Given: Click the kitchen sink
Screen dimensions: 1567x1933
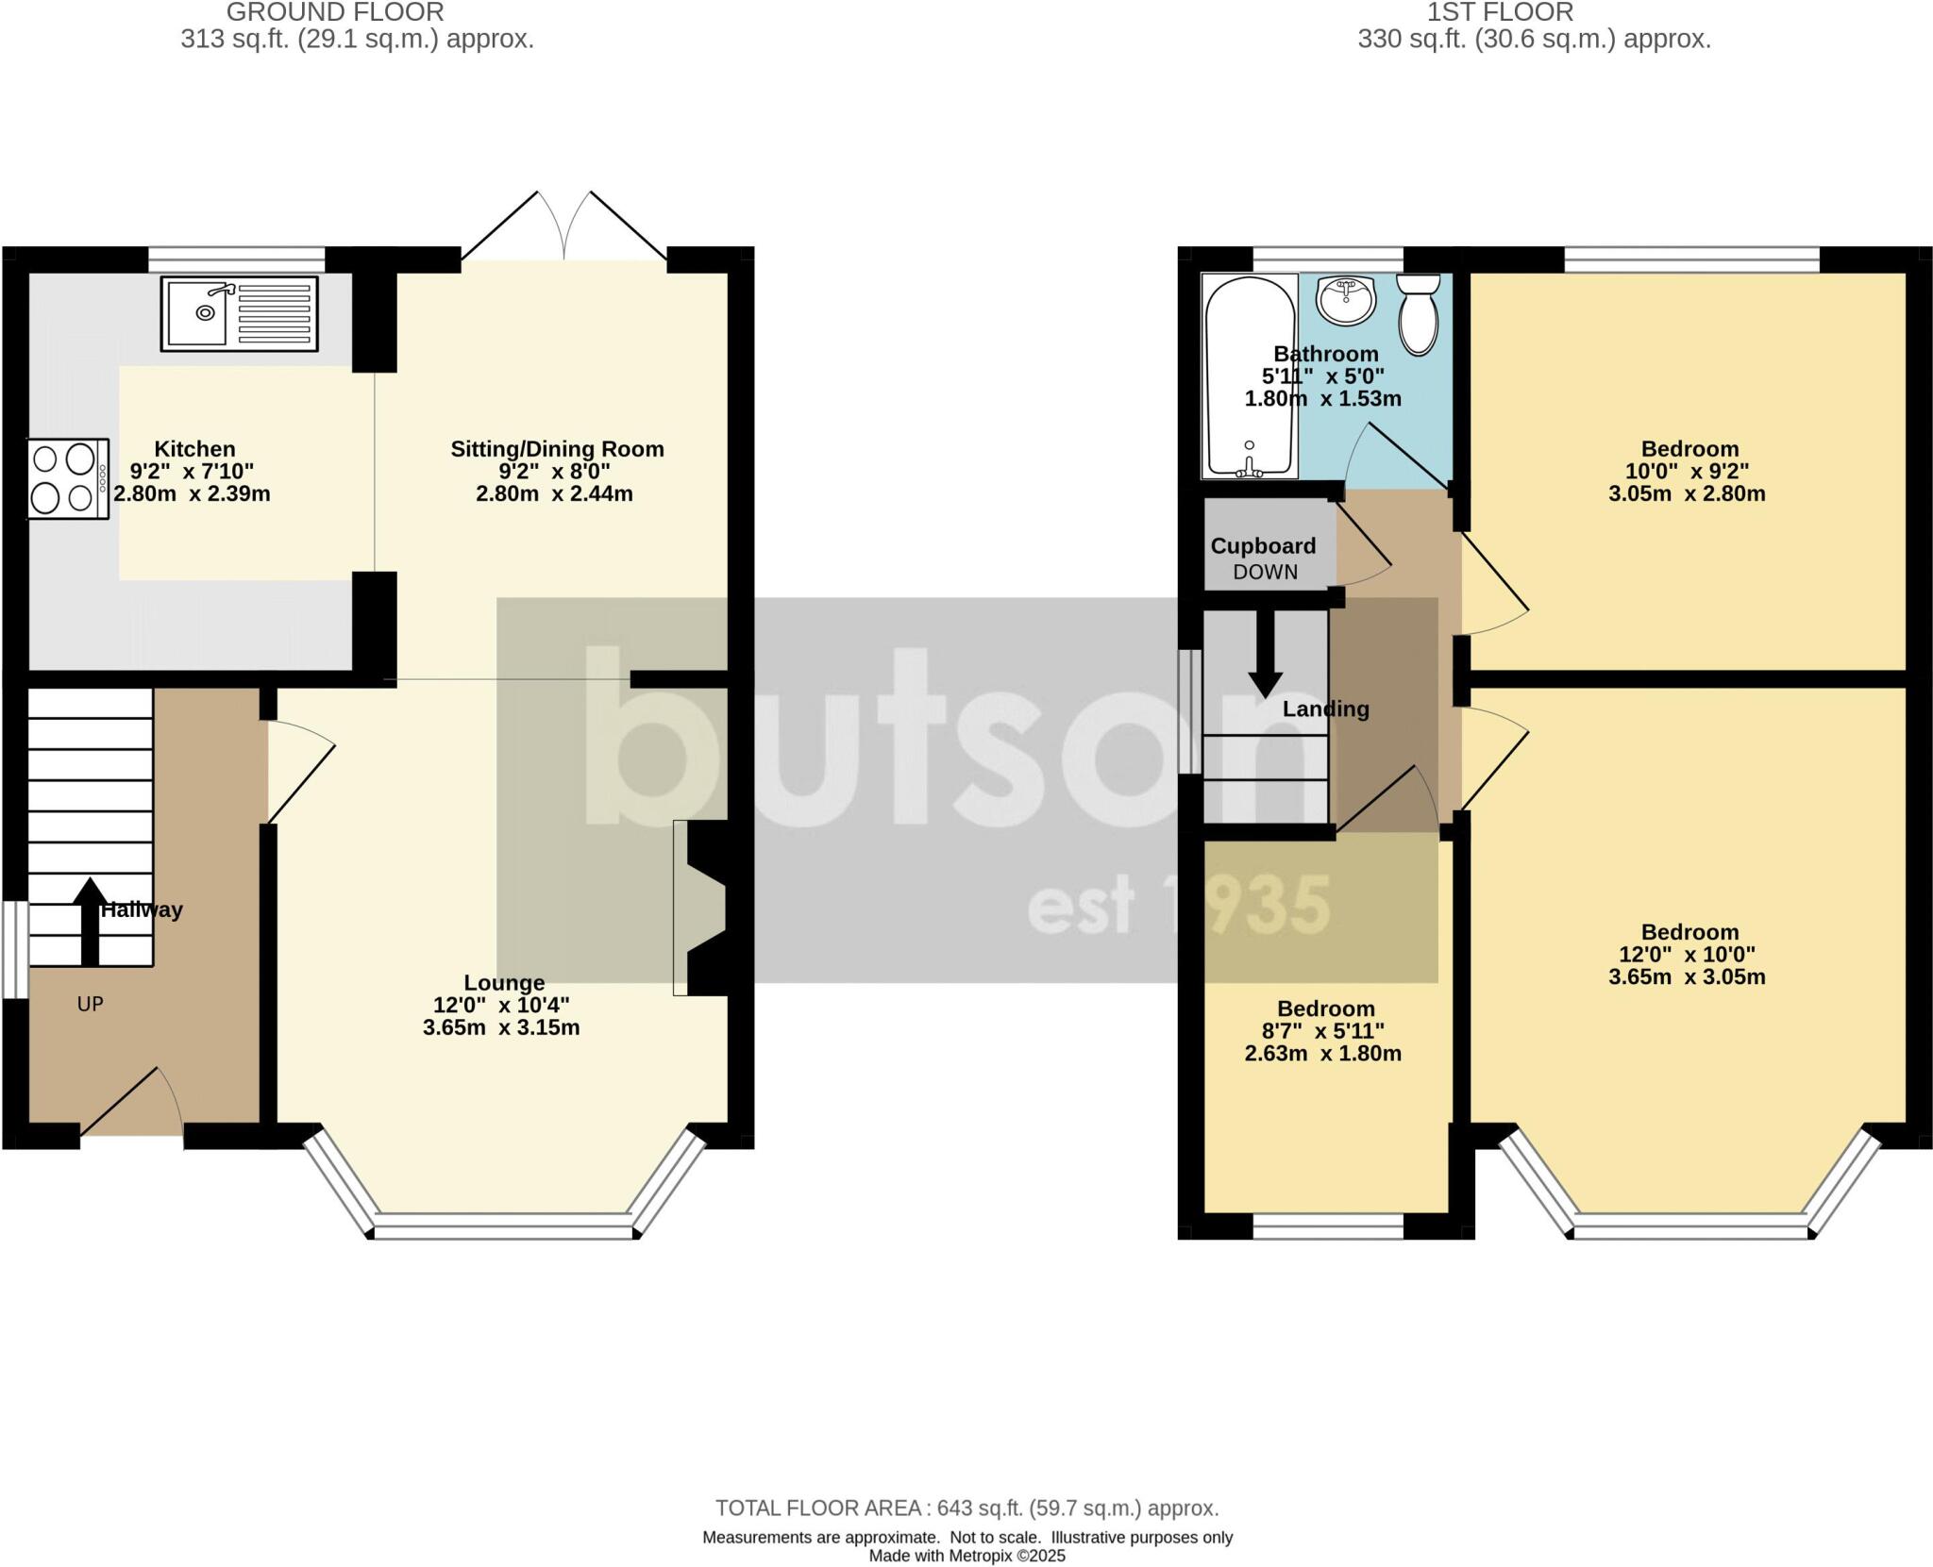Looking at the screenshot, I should [x=239, y=314].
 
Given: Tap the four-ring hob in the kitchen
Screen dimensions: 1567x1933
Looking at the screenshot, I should [x=68, y=479].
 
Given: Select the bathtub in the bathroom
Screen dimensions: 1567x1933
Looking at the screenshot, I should [x=1249, y=376].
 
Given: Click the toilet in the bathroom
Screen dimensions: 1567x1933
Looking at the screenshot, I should [x=1418, y=314].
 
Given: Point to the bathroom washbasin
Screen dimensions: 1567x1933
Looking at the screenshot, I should [x=1347, y=301].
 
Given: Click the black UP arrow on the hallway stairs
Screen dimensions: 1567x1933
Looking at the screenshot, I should [x=90, y=921].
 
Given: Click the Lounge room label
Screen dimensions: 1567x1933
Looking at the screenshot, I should [x=504, y=982].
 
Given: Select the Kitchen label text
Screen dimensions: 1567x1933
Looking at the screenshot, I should [x=194, y=449].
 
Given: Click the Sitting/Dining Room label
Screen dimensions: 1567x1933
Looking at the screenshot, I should [x=557, y=449].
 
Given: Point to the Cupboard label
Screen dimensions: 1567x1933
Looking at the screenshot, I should [x=1263, y=546].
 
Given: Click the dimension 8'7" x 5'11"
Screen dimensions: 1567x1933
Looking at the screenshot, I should [x=1323, y=1031].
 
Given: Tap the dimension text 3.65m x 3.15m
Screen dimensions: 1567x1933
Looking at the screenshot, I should [x=501, y=1027].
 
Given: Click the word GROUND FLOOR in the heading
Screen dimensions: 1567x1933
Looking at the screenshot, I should [x=335, y=12].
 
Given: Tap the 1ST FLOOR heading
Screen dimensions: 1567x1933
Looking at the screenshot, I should [x=1500, y=12].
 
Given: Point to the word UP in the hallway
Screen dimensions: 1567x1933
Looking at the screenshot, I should [x=90, y=1004].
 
